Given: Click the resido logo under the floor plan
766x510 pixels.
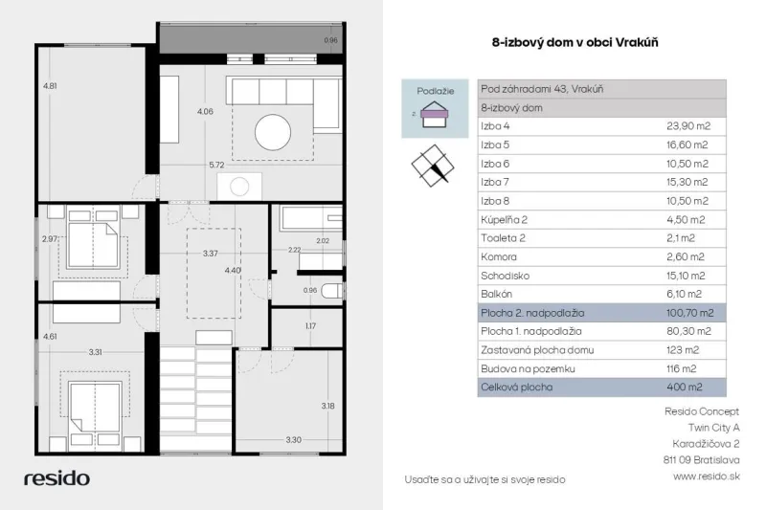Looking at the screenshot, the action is coord(56,478).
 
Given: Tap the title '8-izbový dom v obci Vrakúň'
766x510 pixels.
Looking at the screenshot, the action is coord(575,42).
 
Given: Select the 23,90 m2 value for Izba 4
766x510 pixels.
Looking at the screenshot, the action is coord(688,126).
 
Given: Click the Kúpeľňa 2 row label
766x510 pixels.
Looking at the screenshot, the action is coord(504,220).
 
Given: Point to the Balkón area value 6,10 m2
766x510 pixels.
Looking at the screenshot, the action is coord(684,294).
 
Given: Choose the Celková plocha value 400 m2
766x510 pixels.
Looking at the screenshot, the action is coord(684,387).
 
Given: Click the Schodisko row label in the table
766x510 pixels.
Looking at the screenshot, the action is coord(505,276).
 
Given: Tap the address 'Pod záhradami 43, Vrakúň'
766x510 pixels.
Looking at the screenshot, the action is coord(542,89).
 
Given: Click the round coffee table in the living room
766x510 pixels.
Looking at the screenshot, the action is coord(273,132).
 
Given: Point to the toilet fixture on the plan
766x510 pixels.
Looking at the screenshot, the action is coord(333,291).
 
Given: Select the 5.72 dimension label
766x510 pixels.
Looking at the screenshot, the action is coord(216,165).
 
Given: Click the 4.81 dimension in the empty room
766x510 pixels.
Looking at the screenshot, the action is coord(50,86).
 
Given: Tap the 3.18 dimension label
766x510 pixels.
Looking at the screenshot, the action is coord(327,406).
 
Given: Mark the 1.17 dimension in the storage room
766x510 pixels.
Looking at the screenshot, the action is coord(310,326).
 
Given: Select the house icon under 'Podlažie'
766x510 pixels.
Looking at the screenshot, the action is coord(435,114).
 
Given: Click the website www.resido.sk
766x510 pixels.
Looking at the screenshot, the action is coord(707,477).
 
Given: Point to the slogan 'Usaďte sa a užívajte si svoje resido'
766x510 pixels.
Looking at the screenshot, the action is coord(484,479).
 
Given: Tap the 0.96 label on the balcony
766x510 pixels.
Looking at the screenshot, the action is coord(330,40).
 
